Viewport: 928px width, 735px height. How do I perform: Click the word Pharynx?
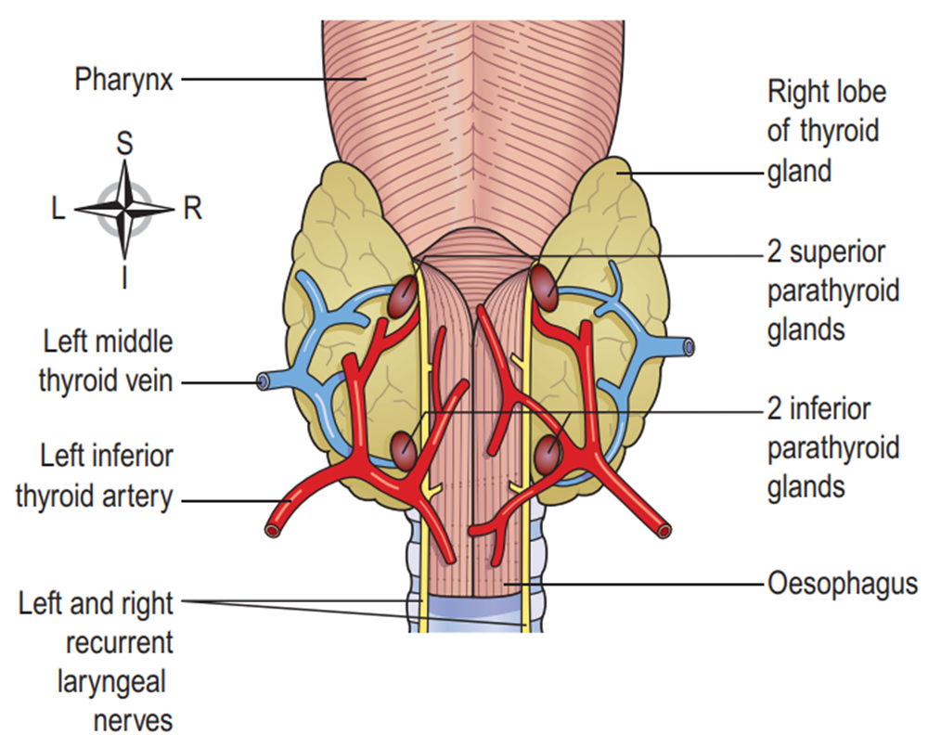123,79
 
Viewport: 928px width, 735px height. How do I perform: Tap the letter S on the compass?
123,143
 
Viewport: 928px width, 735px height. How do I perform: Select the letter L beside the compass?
58,210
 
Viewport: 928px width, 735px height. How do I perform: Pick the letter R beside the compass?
192,210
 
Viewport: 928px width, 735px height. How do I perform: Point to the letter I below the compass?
123,277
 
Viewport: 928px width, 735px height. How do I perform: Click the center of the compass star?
124,209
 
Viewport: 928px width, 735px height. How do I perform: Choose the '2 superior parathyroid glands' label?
832,290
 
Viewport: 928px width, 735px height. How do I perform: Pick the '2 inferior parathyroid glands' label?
832,446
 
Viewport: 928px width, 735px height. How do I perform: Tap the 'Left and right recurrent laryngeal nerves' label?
96,661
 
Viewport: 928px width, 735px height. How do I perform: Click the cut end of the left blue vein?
264,380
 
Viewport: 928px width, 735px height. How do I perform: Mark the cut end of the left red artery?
274,531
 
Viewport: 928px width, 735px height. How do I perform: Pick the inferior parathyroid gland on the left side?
403,449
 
